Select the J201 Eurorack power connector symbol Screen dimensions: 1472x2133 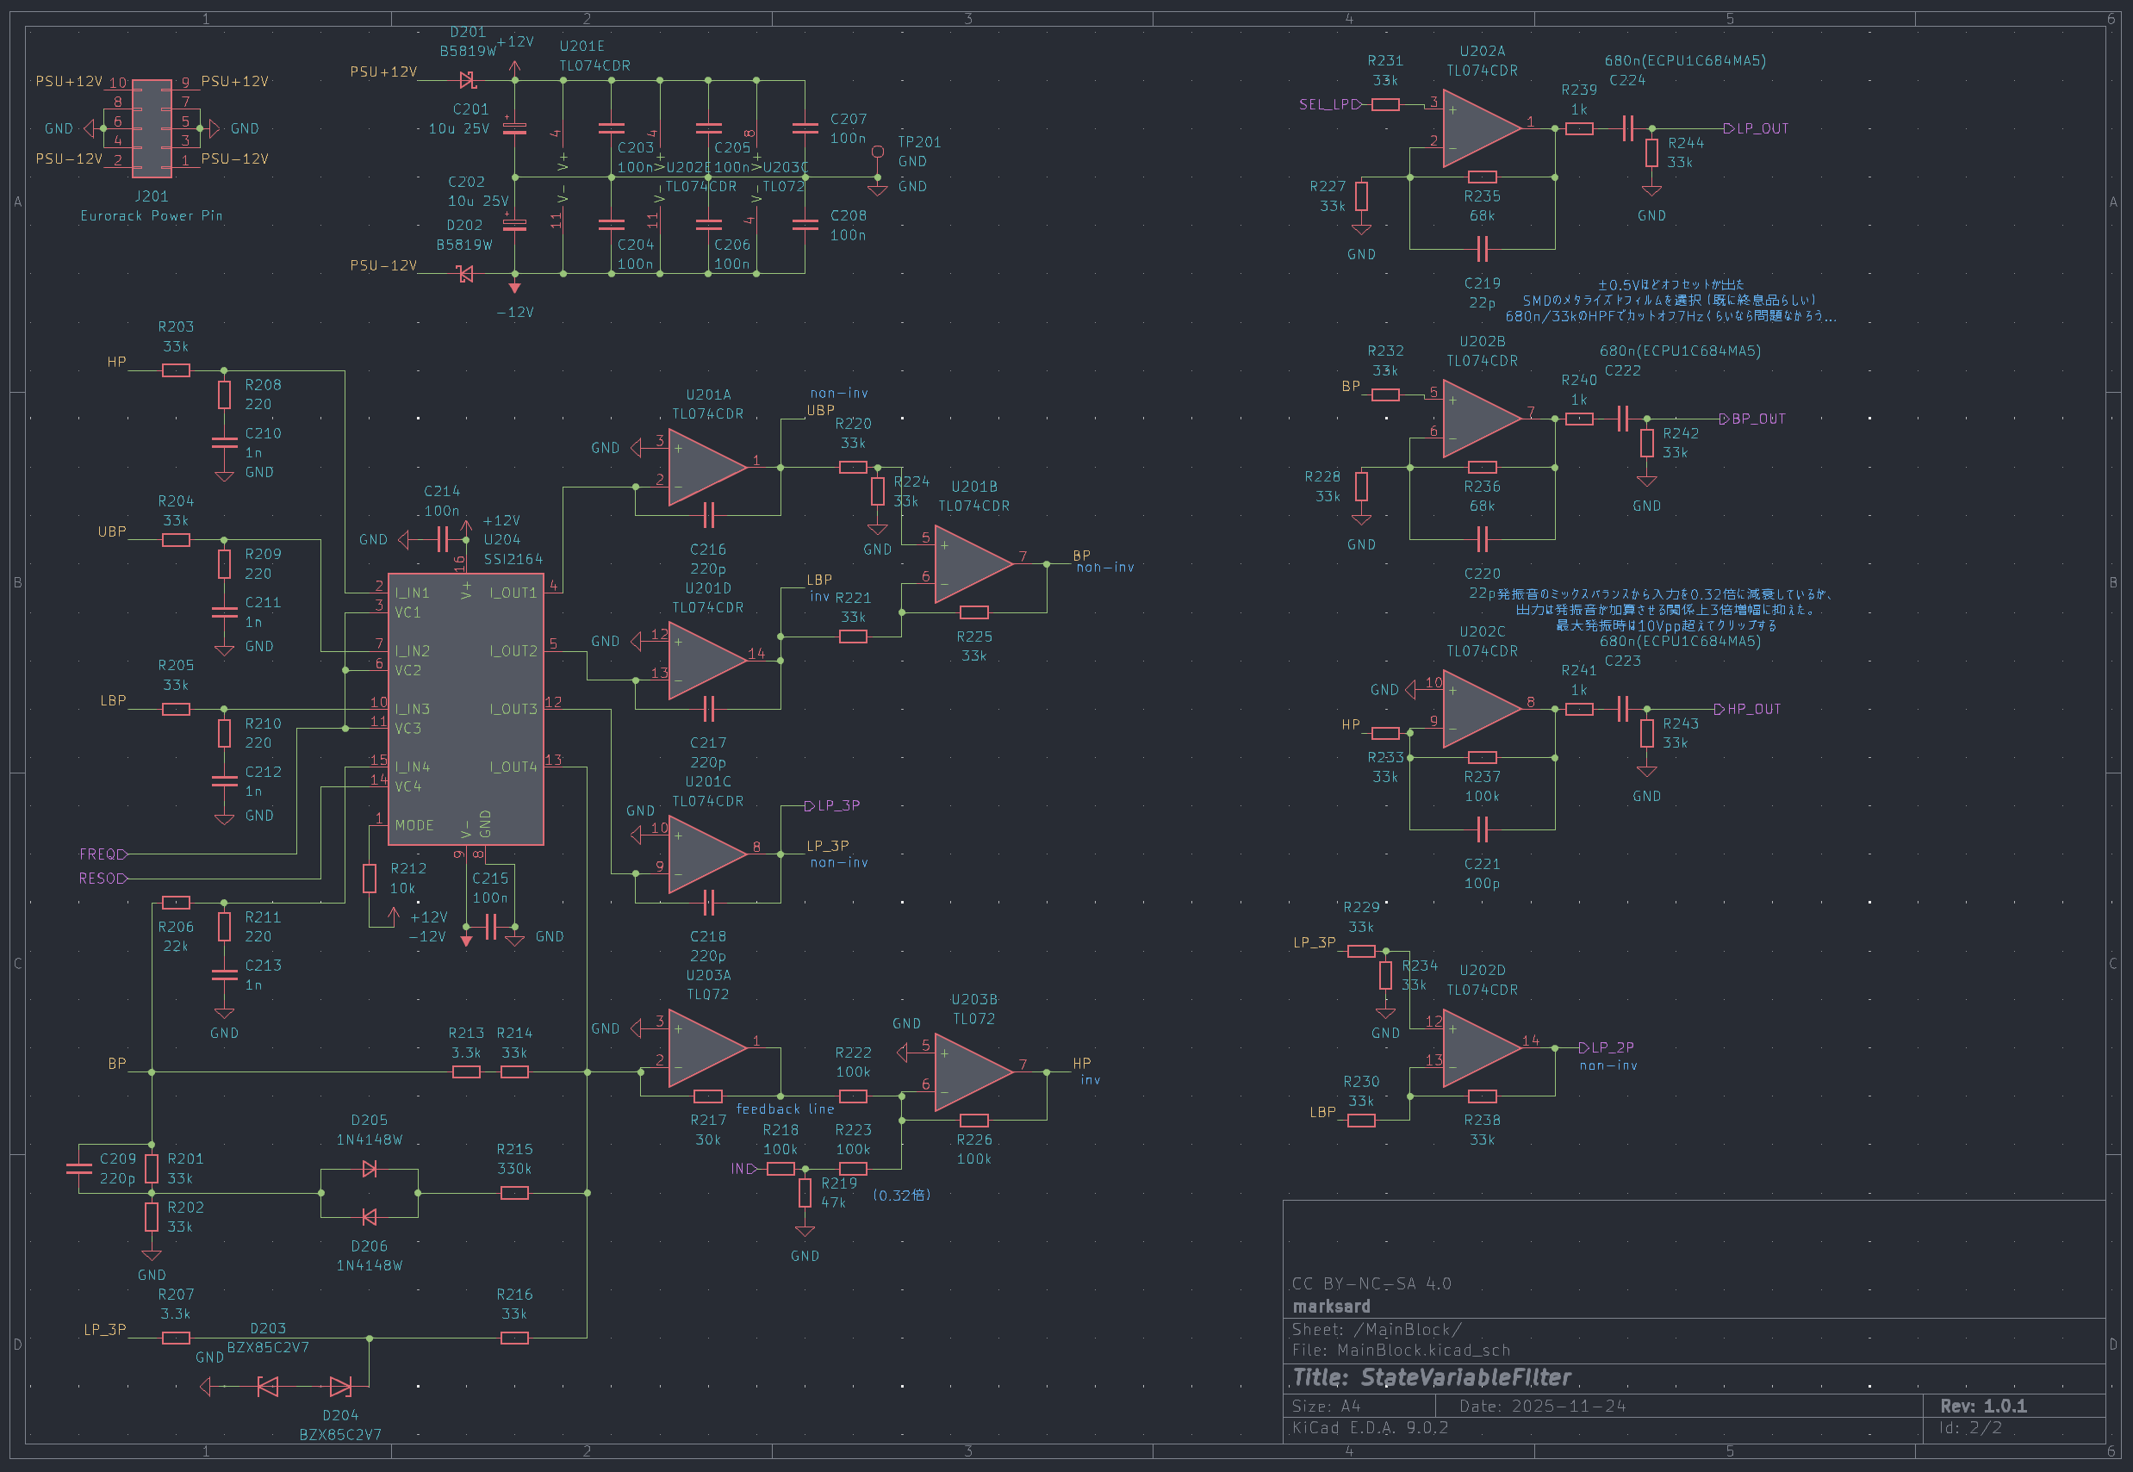(152, 128)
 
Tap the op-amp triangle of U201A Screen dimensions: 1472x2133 (706, 467)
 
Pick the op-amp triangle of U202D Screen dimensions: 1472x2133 (1481, 1047)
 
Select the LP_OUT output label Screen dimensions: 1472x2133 (1762, 128)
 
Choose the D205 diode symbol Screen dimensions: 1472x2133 (369, 1169)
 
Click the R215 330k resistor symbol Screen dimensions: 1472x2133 (513, 1193)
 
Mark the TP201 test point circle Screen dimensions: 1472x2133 (878, 152)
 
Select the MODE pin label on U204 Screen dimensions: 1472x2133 (414, 825)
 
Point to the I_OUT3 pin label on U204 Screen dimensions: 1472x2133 (513, 709)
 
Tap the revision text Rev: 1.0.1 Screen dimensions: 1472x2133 (1983, 1406)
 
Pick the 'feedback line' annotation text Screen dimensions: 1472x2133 (785, 1109)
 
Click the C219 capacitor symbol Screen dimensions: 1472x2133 (1481, 248)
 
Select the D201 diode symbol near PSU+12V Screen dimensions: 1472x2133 (467, 80)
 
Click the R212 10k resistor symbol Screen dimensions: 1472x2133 (369, 878)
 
